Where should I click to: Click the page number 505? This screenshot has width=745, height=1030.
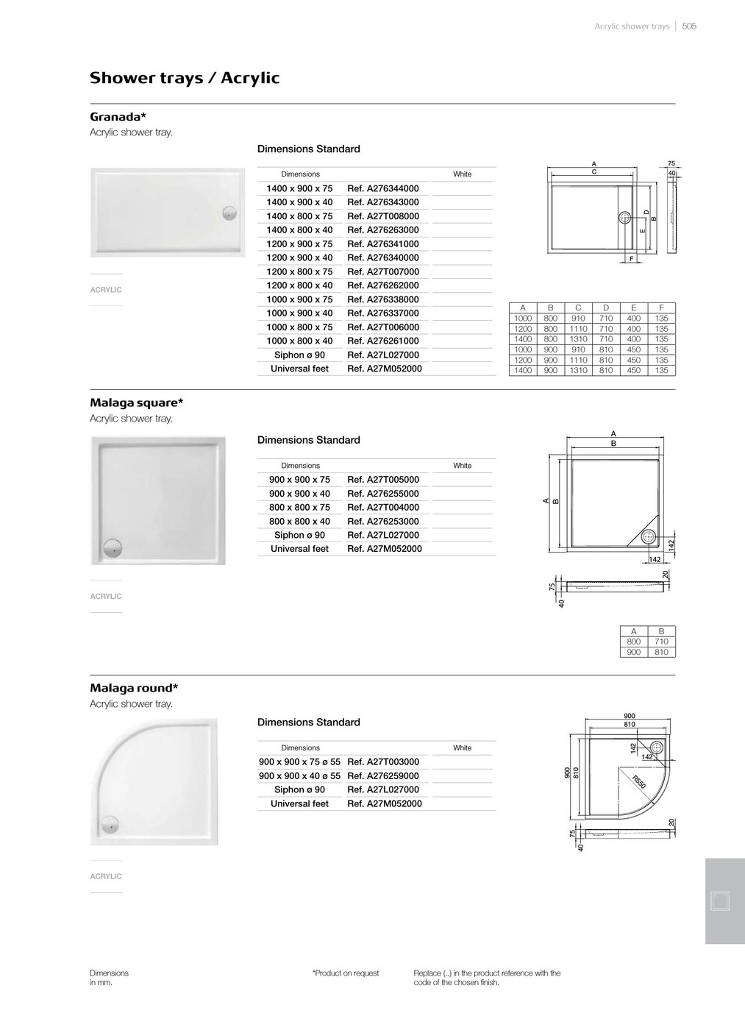pos(689,26)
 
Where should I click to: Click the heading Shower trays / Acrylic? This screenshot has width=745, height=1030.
pos(185,78)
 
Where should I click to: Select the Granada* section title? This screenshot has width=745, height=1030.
pos(118,117)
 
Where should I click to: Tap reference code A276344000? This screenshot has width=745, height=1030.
pos(383,188)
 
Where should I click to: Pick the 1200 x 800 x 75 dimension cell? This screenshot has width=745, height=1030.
pos(299,271)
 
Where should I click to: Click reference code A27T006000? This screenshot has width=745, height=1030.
pos(383,327)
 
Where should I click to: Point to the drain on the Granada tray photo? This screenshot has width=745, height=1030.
pos(230,213)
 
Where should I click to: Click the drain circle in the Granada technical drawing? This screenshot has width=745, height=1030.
pos(625,217)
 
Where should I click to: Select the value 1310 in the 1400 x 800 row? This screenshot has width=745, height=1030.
pos(578,339)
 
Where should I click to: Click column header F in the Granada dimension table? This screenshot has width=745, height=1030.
pos(661,308)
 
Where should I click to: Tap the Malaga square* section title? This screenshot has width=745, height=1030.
pos(137,402)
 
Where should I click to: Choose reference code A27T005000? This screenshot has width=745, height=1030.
pos(383,480)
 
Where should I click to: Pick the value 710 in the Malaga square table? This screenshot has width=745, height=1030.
pos(661,642)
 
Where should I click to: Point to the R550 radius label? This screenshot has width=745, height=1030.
pos(638,782)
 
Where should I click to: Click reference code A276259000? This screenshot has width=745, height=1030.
pos(383,776)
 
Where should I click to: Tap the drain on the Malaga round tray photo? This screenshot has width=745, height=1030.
pos(110,825)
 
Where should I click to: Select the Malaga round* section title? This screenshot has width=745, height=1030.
pos(134,688)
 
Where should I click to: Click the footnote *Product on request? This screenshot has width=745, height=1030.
pos(346,973)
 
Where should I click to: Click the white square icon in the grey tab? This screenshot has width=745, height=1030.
pos(720,901)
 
